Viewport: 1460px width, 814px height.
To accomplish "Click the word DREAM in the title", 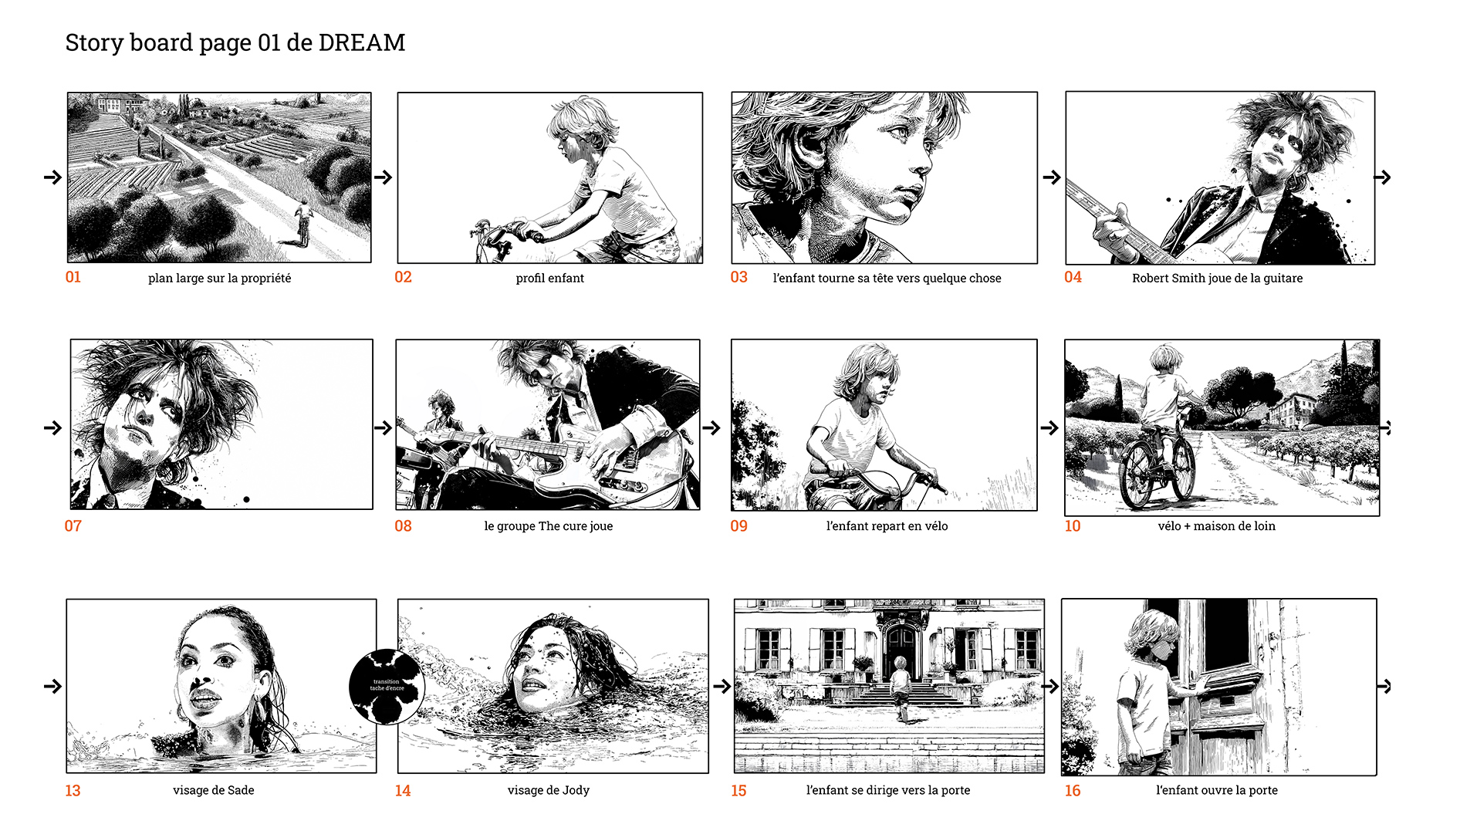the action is [362, 42].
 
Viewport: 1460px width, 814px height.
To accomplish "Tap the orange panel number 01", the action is [73, 277].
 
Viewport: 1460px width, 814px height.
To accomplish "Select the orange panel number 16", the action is [1073, 790].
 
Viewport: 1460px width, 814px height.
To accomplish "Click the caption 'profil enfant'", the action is [550, 278].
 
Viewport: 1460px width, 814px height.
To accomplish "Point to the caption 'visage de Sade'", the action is [214, 790].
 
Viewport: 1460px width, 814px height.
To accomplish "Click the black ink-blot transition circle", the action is [387, 686].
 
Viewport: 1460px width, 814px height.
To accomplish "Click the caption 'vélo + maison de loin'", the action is [1217, 526].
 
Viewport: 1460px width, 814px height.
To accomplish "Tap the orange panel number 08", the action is [404, 526].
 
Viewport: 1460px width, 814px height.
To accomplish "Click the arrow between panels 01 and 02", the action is [384, 177].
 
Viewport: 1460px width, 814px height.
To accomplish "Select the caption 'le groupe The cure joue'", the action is [549, 526].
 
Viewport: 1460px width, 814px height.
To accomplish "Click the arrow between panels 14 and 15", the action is [722, 686].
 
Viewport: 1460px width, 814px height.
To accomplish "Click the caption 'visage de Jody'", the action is [549, 790].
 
